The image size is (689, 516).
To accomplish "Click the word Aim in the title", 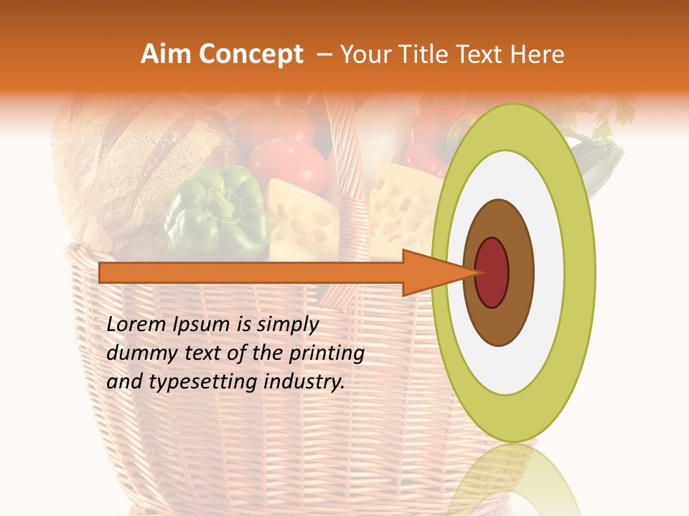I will pyautogui.click(x=166, y=54).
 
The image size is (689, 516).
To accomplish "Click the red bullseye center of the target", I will pyautogui.click(x=492, y=272).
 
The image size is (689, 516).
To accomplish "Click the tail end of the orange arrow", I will pyautogui.click(x=105, y=272).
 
